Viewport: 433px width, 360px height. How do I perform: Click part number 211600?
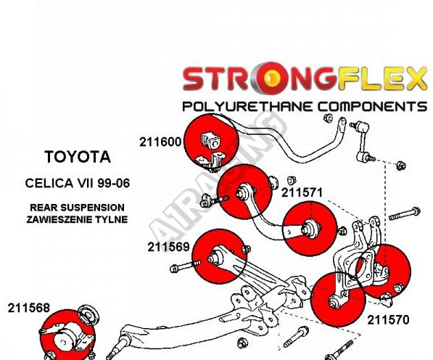160,142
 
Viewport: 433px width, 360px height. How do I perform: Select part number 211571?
302,192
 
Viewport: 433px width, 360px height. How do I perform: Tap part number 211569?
168,247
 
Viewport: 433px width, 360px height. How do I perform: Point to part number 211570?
388,320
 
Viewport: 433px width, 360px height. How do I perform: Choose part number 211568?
29,308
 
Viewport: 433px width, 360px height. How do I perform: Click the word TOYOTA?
78,157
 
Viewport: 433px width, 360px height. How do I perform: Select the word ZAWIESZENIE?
59,219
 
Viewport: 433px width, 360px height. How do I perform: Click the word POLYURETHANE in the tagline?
249,107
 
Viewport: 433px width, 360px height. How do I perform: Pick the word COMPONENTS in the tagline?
372,107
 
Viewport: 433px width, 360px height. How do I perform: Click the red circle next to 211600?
211,142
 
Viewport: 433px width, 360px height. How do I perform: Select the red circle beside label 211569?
219,256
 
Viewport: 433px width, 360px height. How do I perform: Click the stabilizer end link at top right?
363,142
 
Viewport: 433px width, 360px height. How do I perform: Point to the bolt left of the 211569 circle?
185,266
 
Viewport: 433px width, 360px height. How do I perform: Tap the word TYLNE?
112,219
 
